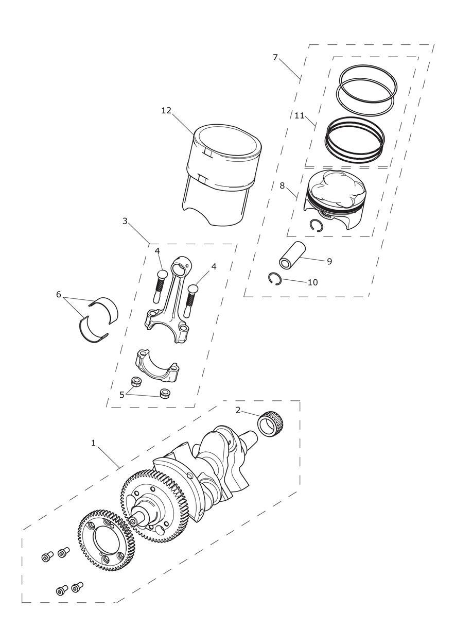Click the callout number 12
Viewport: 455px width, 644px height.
click(x=166, y=110)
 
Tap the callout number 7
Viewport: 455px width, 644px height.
click(x=275, y=57)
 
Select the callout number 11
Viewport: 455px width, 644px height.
click(x=300, y=115)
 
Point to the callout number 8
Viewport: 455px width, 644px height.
click(x=282, y=185)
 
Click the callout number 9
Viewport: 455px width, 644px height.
click(x=329, y=261)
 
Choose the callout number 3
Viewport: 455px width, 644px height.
click(x=125, y=221)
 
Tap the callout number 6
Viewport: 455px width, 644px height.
click(x=59, y=294)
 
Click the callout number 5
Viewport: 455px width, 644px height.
click(x=122, y=395)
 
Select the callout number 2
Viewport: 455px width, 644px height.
click(x=238, y=410)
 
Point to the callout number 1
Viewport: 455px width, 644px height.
click(x=93, y=443)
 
